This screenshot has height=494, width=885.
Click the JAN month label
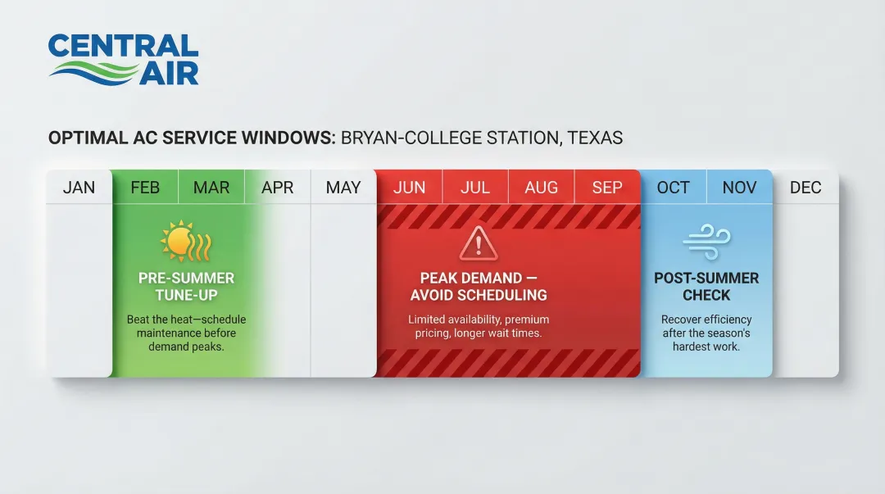click(x=79, y=188)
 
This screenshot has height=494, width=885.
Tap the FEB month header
click(x=145, y=188)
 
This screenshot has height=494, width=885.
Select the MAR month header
click(x=211, y=188)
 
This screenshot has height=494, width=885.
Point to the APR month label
click(x=277, y=188)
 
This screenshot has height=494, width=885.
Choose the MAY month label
click(x=343, y=188)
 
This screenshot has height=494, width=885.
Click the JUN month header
click(x=409, y=188)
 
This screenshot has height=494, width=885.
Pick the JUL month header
click(x=475, y=188)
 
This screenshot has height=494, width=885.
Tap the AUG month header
click(x=542, y=188)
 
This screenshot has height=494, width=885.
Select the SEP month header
click(x=607, y=188)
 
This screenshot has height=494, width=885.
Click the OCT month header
click(x=674, y=188)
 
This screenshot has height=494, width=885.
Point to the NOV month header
click(x=739, y=188)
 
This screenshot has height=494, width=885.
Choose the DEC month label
click(x=806, y=188)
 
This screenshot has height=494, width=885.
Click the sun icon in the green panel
click(x=186, y=241)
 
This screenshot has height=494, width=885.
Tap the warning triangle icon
click(x=479, y=244)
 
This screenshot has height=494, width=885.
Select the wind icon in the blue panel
click(x=706, y=242)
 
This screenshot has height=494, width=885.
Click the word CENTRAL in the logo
click(x=124, y=46)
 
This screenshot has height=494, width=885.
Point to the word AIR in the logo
click(x=169, y=74)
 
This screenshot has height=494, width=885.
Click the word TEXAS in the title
click(x=595, y=138)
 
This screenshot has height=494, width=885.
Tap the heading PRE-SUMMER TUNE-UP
click(x=186, y=286)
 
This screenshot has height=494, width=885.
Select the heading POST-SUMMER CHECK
click(x=706, y=286)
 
